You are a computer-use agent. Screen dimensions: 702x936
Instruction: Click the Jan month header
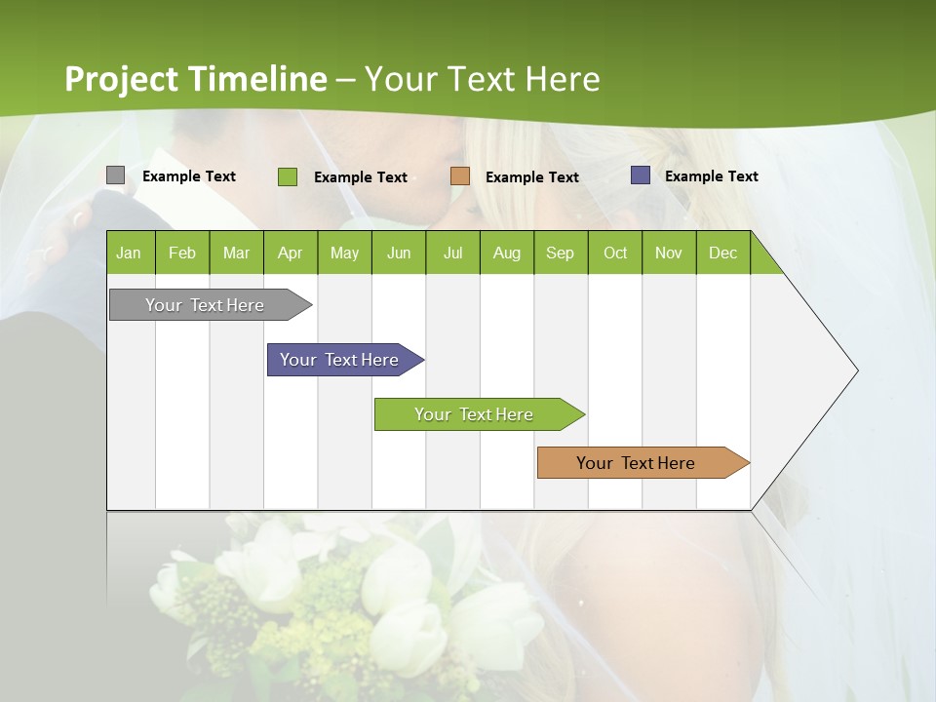click(129, 253)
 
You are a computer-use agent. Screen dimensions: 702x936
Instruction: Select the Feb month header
click(182, 253)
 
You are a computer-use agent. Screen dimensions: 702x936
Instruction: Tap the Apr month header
click(291, 253)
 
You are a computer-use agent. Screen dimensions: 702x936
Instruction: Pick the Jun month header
click(399, 253)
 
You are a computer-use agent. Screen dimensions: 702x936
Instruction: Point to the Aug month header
click(507, 253)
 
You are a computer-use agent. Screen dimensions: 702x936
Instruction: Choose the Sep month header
click(561, 253)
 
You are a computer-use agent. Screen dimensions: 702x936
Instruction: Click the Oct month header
click(615, 253)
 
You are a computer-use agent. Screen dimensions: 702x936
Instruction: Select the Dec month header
click(723, 253)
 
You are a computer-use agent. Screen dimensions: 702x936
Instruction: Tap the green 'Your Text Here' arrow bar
click(475, 414)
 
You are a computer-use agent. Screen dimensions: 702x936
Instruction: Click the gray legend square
click(115, 175)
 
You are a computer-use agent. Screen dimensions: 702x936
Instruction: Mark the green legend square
click(288, 176)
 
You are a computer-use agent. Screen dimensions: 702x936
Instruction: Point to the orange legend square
click(460, 175)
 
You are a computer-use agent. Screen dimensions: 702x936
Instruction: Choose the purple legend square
click(641, 175)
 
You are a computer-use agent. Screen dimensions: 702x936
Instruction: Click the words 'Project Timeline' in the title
click(195, 79)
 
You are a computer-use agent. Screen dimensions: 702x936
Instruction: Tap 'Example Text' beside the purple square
click(711, 176)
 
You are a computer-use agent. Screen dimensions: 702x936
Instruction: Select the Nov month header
click(669, 253)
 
